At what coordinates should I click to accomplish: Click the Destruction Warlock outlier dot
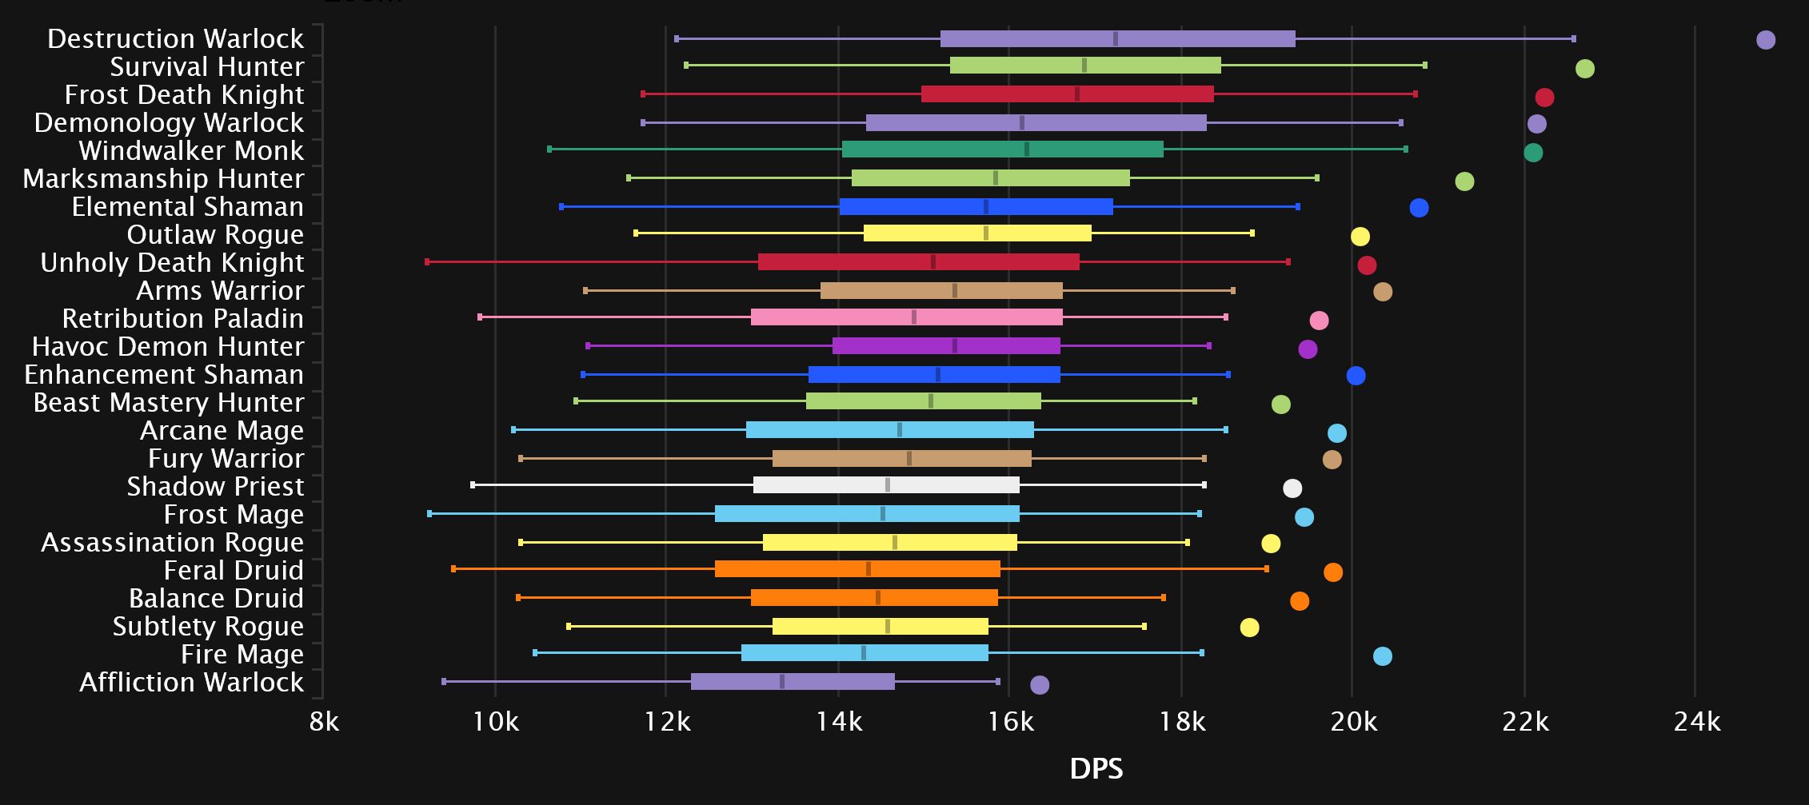(x=1766, y=40)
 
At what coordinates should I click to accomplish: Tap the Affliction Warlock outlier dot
(x=1040, y=684)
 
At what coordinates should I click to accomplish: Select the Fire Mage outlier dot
(x=1382, y=656)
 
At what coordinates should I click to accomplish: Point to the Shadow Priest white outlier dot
(x=1292, y=488)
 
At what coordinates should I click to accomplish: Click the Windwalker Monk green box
(x=1002, y=149)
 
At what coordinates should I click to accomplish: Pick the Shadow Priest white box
(x=886, y=485)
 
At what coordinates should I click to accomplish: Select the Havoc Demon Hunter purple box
(x=946, y=346)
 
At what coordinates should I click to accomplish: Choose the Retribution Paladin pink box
(x=907, y=317)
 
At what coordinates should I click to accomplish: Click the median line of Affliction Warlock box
(x=782, y=682)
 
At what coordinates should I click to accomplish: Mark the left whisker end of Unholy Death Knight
(x=427, y=262)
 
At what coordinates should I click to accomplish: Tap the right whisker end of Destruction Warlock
(x=1574, y=38)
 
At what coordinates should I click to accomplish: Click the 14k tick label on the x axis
(x=839, y=723)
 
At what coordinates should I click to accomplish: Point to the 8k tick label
(x=324, y=723)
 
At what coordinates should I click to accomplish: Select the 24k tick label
(x=1696, y=723)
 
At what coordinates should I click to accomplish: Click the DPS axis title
(x=1096, y=769)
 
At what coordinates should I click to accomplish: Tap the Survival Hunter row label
(x=207, y=67)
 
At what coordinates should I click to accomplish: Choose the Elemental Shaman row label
(x=188, y=207)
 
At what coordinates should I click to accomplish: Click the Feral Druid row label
(x=234, y=571)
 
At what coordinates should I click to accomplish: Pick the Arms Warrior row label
(x=220, y=291)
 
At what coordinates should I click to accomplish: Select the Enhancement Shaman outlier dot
(x=1356, y=376)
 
